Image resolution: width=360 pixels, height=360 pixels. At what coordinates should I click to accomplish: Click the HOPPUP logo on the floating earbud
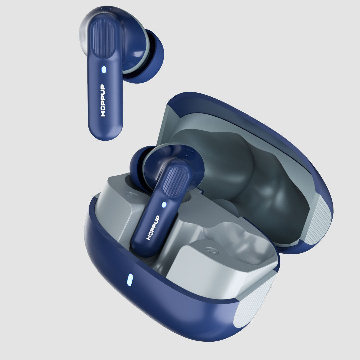click(x=103, y=100)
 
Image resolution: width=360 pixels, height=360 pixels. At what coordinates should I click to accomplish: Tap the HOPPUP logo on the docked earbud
click(x=153, y=228)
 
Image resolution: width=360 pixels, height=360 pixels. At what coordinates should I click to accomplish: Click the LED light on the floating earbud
click(x=104, y=70)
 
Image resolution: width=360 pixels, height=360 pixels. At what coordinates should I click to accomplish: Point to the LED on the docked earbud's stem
click(x=164, y=205)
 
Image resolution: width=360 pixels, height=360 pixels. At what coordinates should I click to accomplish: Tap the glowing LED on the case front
click(x=130, y=280)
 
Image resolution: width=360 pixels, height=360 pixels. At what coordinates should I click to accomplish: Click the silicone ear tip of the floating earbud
click(x=149, y=56)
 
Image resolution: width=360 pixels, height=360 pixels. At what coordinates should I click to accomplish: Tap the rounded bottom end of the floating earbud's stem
click(x=105, y=134)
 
